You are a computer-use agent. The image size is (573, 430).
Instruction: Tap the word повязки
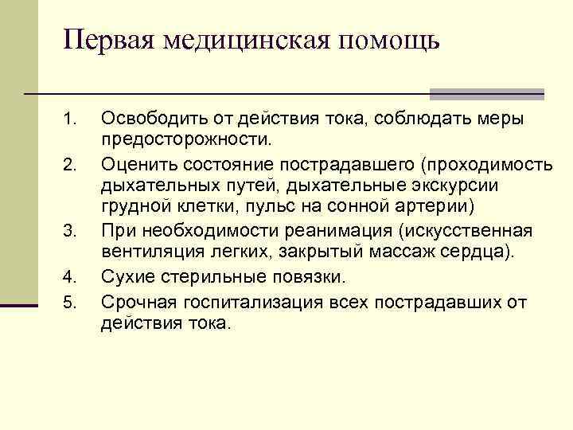311,278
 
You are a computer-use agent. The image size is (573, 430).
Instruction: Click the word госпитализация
243,303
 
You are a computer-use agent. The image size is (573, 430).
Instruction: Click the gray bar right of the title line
486,94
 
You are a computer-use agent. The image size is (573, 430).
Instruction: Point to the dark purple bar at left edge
19,303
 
